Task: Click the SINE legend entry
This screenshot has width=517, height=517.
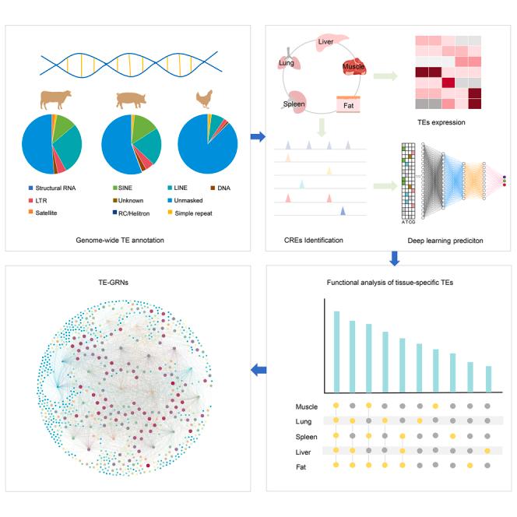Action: tap(123, 188)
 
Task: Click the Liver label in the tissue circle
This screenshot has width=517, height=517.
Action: tap(325, 40)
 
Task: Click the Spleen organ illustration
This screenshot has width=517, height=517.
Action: tap(296, 104)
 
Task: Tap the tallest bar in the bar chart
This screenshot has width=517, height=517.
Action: tap(336, 350)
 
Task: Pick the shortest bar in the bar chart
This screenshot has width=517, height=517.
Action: tap(488, 378)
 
